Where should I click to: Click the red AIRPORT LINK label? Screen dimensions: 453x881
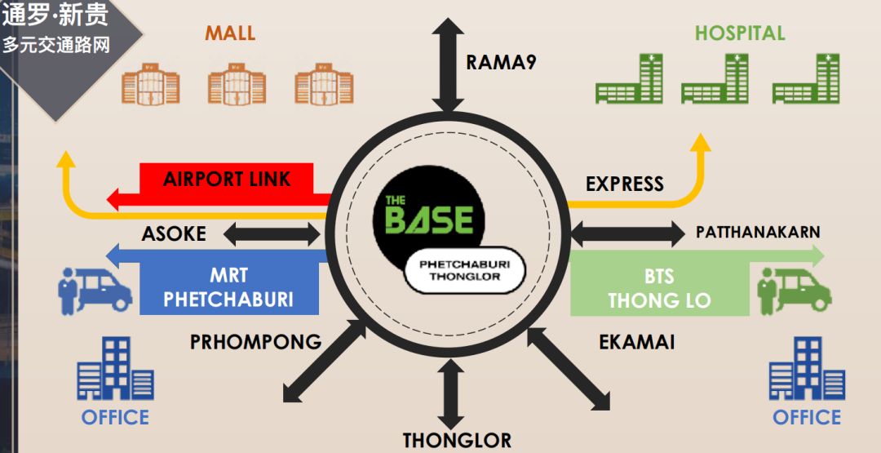(x=226, y=179)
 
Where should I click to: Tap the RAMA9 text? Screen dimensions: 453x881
(x=501, y=62)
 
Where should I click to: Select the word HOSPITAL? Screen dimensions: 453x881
(x=740, y=33)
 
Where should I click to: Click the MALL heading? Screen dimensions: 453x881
(x=230, y=33)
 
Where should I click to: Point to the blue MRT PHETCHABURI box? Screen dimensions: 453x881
(x=228, y=288)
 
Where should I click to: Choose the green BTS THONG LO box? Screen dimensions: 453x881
(x=659, y=288)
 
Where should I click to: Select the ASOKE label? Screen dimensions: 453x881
(x=173, y=234)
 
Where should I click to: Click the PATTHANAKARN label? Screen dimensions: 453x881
(x=757, y=233)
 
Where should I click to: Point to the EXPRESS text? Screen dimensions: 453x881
(x=625, y=184)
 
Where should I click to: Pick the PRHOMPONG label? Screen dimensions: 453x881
(x=255, y=341)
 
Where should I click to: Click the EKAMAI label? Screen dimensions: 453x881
(x=637, y=341)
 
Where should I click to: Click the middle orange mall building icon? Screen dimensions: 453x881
(x=237, y=84)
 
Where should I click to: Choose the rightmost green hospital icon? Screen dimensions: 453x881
(x=806, y=79)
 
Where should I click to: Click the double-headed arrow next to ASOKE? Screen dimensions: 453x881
(x=272, y=234)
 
